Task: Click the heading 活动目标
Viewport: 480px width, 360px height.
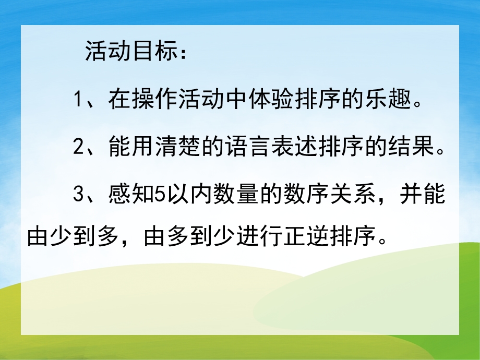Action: [127, 52]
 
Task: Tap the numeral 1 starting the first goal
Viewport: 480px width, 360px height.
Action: [79, 99]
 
